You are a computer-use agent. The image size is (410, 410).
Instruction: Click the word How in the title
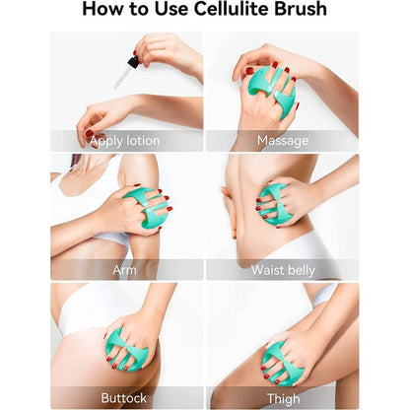click(102, 9)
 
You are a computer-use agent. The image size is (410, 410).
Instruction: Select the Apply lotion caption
click(125, 141)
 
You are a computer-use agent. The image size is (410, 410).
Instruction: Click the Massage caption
click(283, 141)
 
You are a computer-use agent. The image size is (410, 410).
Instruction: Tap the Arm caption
click(124, 270)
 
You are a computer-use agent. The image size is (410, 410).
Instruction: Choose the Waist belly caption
click(283, 270)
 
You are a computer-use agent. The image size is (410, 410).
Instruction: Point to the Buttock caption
click(123, 398)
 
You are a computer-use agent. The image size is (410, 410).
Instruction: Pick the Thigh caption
click(283, 399)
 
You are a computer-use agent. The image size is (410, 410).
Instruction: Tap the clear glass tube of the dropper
click(121, 77)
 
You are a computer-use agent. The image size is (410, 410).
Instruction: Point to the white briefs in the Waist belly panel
click(296, 249)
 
